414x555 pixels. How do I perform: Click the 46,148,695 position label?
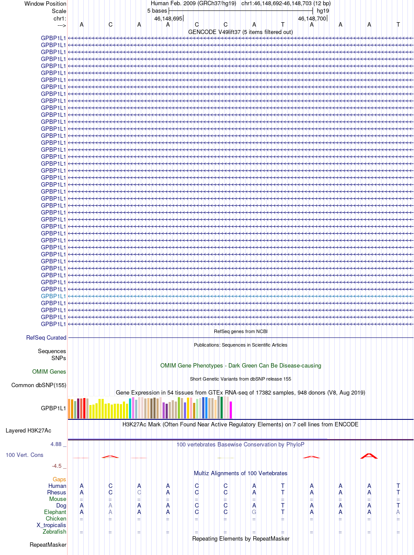tap(168, 18)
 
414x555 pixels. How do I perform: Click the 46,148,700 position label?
tap(312, 18)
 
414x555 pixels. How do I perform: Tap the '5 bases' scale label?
tap(157, 10)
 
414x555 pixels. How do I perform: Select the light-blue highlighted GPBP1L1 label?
tap(54, 296)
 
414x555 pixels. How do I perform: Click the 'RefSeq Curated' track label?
tap(46, 337)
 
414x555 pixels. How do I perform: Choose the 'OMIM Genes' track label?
tap(49, 371)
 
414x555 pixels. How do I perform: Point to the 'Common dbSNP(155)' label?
tap(39, 385)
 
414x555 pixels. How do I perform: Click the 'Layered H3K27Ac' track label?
tap(28, 430)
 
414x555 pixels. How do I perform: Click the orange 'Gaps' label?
tap(59, 479)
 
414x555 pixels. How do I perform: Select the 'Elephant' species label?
tap(55, 512)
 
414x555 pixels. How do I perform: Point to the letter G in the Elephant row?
tap(254, 512)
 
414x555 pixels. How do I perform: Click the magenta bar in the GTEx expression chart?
tap(231, 410)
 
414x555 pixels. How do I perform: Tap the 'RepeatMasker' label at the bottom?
tap(48, 545)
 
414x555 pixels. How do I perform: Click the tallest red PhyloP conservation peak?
tap(369, 456)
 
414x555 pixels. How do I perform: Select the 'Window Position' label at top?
tap(45, 3)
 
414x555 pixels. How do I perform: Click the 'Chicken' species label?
tap(56, 518)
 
